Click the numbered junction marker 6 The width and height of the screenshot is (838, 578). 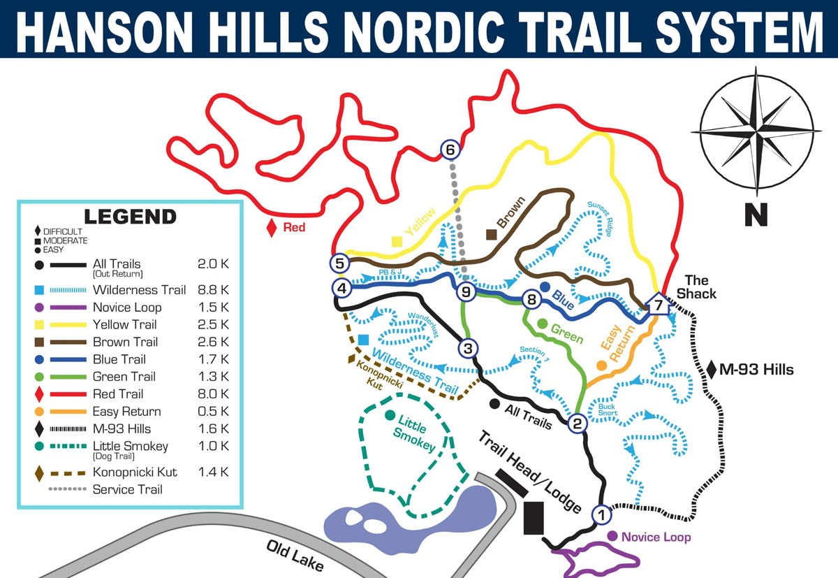[x=450, y=149]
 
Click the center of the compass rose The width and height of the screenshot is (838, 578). [x=756, y=131]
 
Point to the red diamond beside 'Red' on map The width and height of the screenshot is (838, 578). [x=272, y=227]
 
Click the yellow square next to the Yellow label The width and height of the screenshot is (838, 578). [x=397, y=242]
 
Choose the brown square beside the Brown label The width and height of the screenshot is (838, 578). [x=492, y=236]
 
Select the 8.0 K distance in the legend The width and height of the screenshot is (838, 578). [x=213, y=394]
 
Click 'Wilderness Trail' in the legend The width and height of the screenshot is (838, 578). [x=139, y=290]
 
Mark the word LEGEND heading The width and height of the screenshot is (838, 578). [x=130, y=217]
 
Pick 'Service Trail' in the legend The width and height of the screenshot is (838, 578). [x=127, y=489]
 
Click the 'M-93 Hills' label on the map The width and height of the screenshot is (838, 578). [x=756, y=370]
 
